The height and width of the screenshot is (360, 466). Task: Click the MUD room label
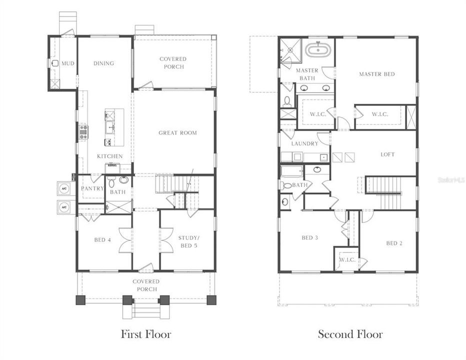point(67,63)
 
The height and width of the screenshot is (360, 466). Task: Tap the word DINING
point(103,63)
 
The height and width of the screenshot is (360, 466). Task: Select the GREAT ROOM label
point(177,133)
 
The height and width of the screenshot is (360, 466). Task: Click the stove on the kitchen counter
point(83,132)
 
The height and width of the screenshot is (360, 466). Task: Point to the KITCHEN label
point(109,156)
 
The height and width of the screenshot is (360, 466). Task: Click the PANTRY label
point(92,188)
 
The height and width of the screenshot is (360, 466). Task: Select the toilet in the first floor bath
point(110,180)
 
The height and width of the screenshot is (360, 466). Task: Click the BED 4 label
point(102,240)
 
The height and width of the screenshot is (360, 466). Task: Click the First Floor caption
point(145,334)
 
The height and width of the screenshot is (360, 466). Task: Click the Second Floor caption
point(350,334)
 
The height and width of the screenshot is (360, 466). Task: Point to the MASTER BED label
point(376,74)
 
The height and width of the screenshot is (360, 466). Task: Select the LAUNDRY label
point(304,144)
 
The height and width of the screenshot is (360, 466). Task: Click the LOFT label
point(387,154)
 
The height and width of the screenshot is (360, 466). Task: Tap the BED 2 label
point(394,243)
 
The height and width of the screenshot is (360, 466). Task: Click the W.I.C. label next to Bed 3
point(347,259)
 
